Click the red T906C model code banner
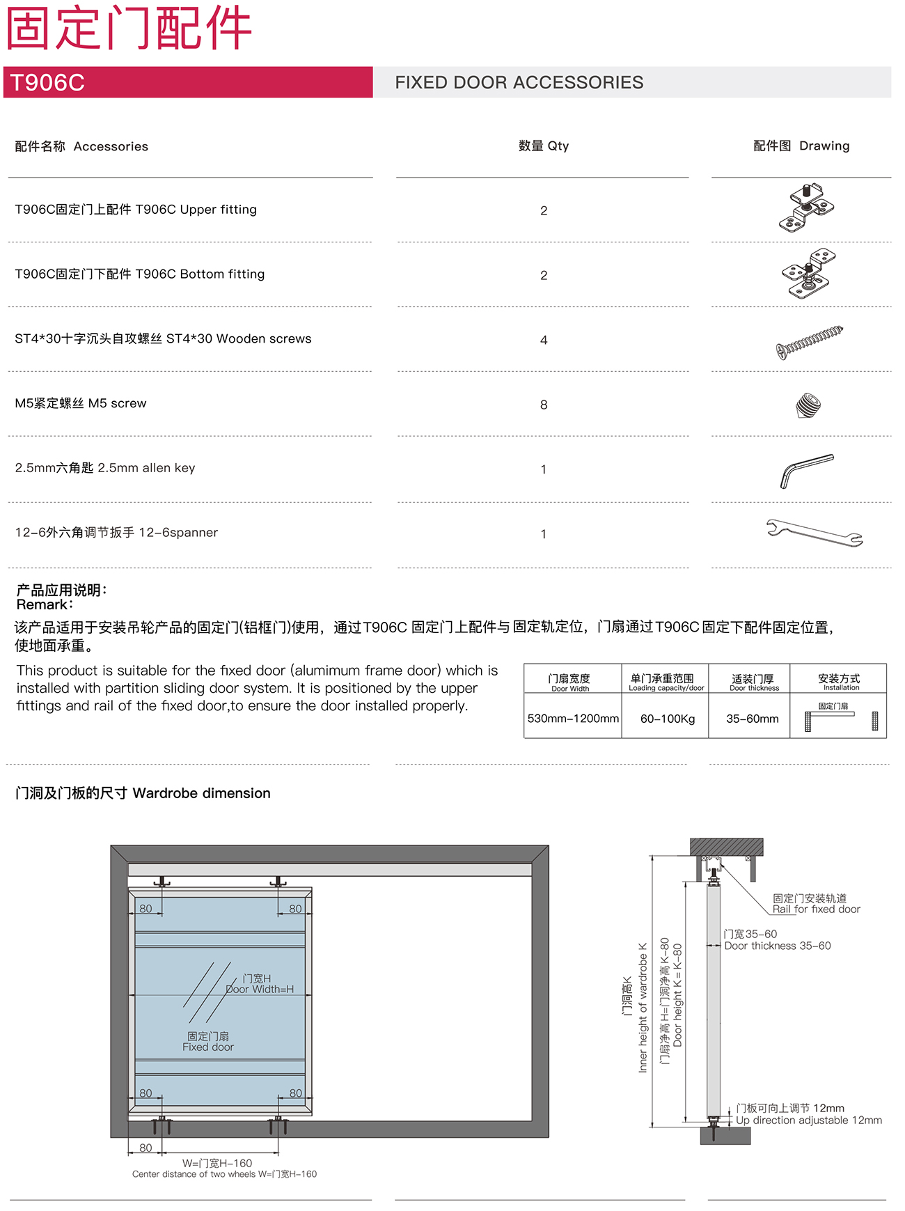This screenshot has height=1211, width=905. tap(188, 82)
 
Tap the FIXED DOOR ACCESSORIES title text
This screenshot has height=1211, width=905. tap(519, 82)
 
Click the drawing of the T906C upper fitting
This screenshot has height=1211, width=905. tap(807, 208)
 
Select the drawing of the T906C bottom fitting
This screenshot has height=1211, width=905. tap(808, 273)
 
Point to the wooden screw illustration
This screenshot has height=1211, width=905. tap(809, 341)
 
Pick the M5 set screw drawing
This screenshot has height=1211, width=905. tap(808, 405)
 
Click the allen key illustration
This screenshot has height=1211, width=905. tap(806, 470)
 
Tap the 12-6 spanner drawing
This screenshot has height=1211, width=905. tap(814, 533)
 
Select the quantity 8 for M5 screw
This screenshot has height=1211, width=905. tap(544, 405)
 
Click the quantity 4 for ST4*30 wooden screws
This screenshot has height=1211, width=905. tap(544, 340)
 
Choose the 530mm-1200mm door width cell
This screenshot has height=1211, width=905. tap(573, 718)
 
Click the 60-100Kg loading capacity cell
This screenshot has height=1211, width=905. tap(668, 718)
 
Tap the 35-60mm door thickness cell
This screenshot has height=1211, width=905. tap(752, 718)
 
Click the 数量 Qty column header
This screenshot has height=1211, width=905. tap(544, 146)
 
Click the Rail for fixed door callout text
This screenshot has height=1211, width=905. tap(816, 909)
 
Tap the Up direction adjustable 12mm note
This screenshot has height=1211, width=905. tap(809, 1120)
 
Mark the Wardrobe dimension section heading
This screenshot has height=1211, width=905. tap(143, 792)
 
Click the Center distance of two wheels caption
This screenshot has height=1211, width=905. tap(224, 1174)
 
